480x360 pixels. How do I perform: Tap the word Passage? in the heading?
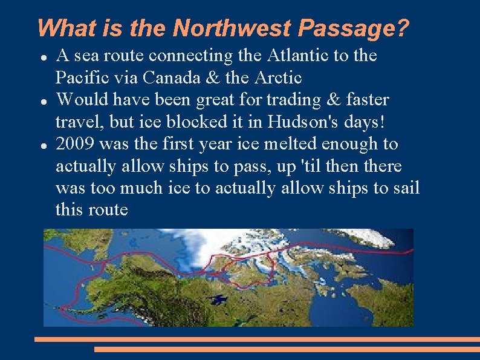[x=354, y=28]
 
